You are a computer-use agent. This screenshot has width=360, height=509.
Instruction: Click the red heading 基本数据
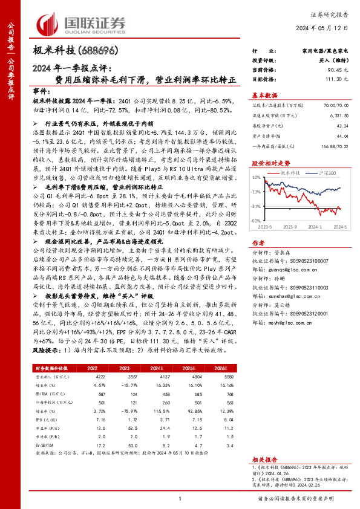tap(264, 94)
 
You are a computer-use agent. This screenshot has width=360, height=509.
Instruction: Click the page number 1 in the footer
tap(180, 498)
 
